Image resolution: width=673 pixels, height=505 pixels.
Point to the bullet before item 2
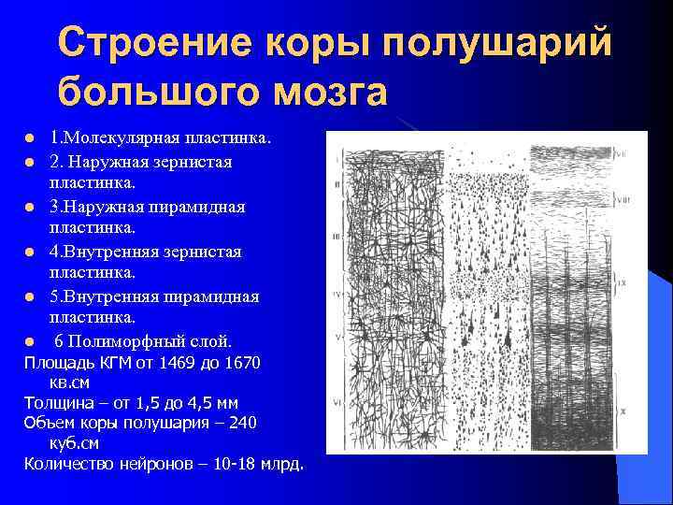pyautogui.click(x=30, y=163)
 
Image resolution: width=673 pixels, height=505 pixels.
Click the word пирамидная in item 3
pyautogui.click(x=198, y=207)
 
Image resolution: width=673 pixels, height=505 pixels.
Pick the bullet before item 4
pyautogui.click(x=30, y=252)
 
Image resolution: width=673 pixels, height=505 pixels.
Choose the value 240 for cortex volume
pyautogui.click(x=240, y=424)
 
